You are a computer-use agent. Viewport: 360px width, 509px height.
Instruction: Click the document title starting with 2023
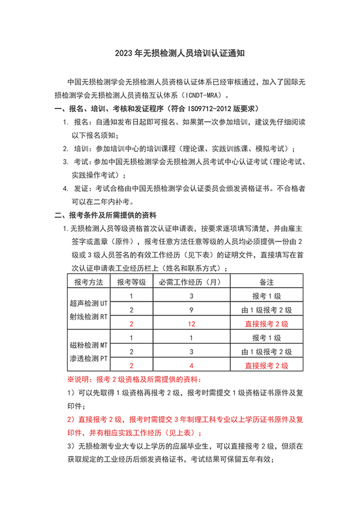(x=179, y=53)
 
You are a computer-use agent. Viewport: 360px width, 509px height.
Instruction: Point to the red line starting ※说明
(x=135, y=380)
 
